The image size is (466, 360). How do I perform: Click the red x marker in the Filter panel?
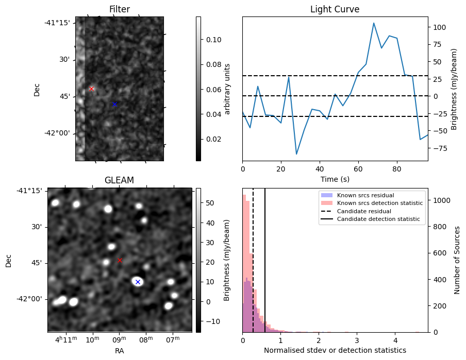pos(91,89)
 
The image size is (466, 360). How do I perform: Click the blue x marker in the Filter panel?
pos(114,104)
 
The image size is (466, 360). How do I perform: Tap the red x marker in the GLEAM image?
pos(120,260)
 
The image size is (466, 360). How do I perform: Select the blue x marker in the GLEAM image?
pos(138,282)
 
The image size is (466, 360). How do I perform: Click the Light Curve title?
pos(335,9)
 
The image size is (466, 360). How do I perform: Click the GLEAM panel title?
pos(119,180)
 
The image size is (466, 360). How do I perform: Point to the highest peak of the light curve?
pos(374,23)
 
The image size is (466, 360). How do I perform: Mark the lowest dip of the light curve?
pos(296,154)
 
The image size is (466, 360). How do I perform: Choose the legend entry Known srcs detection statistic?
pos(379,203)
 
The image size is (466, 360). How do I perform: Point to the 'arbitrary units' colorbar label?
pos(227,89)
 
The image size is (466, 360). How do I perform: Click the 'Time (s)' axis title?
pos(335,179)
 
